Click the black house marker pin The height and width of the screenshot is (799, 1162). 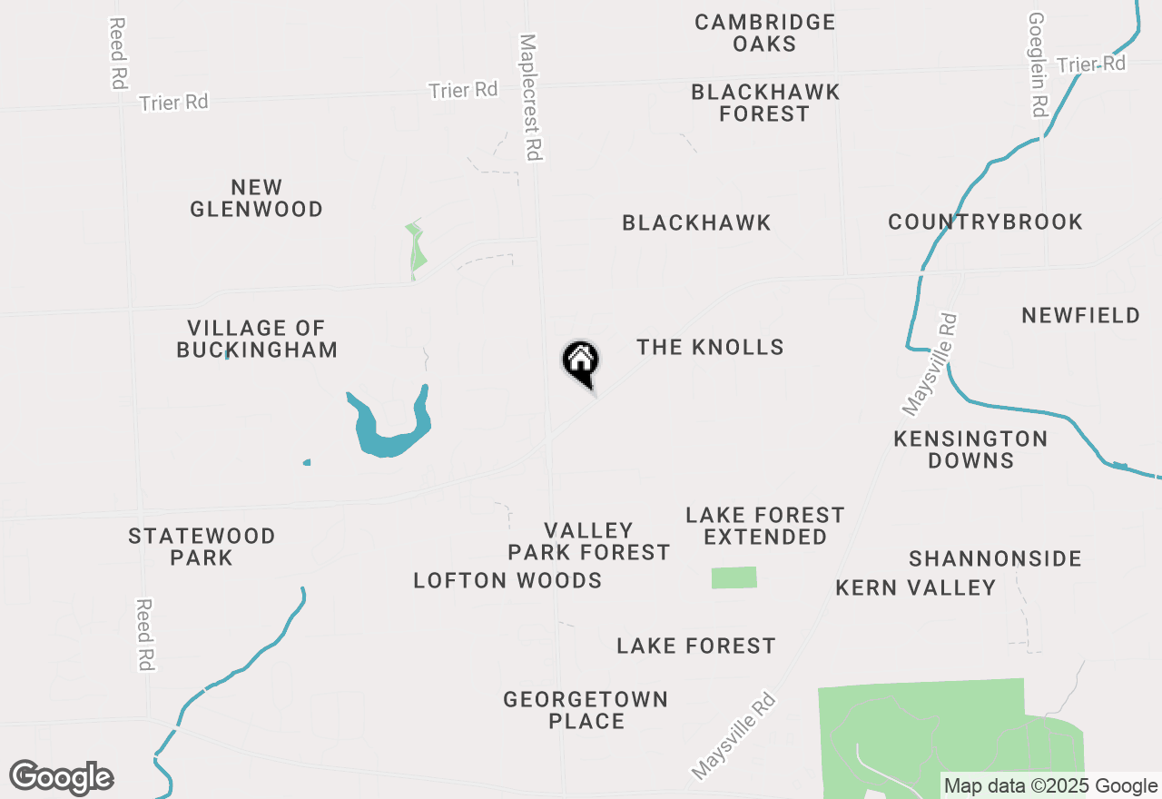point(581,362)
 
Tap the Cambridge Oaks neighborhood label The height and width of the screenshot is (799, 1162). point(764,33)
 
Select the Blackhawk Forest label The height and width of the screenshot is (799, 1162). point(765,103)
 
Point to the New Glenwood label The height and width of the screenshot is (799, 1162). point(257,198)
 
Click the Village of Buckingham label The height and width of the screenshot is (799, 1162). point(257,339)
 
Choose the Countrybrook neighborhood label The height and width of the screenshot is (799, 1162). point(985,222)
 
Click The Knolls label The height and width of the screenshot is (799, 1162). point(710,347)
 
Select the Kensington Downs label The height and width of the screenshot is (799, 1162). point(970,449)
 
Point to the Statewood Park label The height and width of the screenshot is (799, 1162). point(202,547)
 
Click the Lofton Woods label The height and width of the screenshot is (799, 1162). point(507,580)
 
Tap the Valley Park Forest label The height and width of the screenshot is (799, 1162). point(588,541)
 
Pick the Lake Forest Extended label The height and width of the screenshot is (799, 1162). point(765,526)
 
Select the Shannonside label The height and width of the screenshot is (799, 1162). point(995,558)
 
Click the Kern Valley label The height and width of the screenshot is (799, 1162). point(916,587)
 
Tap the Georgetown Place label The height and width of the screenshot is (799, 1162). point(586,710)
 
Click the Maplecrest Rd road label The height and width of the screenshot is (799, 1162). point(531,98)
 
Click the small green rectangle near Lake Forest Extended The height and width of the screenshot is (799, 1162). point(734,577)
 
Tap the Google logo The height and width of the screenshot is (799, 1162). point(62,777)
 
